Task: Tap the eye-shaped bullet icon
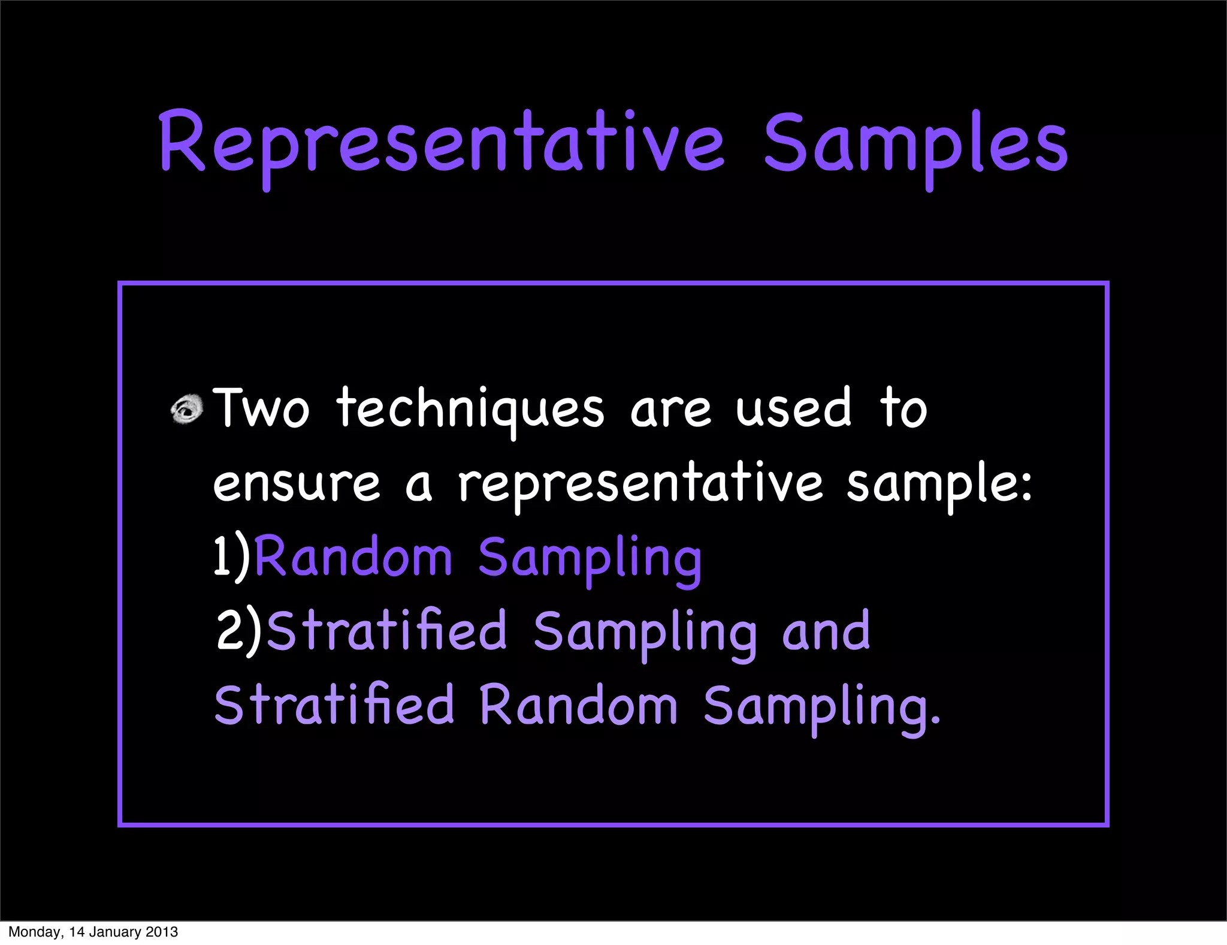(187, 410)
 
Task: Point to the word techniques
(470, 410)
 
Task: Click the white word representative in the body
(640, 484)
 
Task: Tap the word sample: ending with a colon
(939, 484)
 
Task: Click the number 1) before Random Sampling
(231, 558)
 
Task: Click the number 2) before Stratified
(239, 631)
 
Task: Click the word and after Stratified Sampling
(826, 631)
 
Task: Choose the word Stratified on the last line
(334, 705)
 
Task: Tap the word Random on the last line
(578, 705)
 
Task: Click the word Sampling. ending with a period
(821, 708)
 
